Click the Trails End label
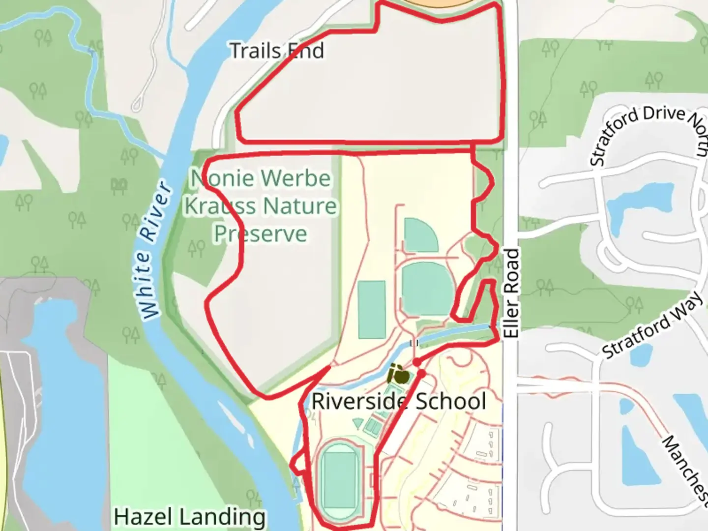point(277,51)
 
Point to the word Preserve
point(260,234)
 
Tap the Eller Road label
point(511,294)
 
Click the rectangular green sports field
point(372,310)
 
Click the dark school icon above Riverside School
point(398,375)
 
